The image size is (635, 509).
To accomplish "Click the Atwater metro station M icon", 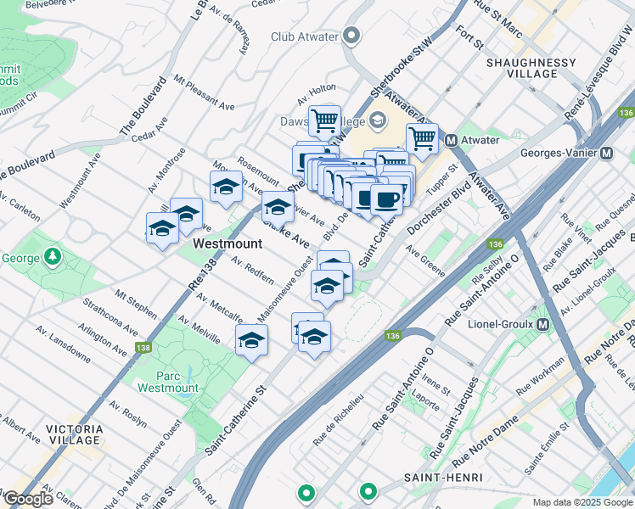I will point(452,140).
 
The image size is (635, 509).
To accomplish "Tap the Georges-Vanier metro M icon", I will point(607,154).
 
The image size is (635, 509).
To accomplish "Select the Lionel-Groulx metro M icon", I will point(542,324).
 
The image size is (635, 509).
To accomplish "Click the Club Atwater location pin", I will point(352,36).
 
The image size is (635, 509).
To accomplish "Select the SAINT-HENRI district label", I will point(437,478).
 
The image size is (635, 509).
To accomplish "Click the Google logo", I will point(28,499).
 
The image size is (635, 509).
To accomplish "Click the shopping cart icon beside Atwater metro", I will point(422,137).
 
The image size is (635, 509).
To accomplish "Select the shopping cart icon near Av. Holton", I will point(324,120).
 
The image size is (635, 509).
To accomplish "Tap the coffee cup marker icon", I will point(386,199).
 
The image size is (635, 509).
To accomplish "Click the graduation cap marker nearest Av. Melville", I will point(251,340).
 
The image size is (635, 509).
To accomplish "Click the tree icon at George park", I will point(53,255).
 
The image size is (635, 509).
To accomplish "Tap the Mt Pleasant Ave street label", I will point(204,93).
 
